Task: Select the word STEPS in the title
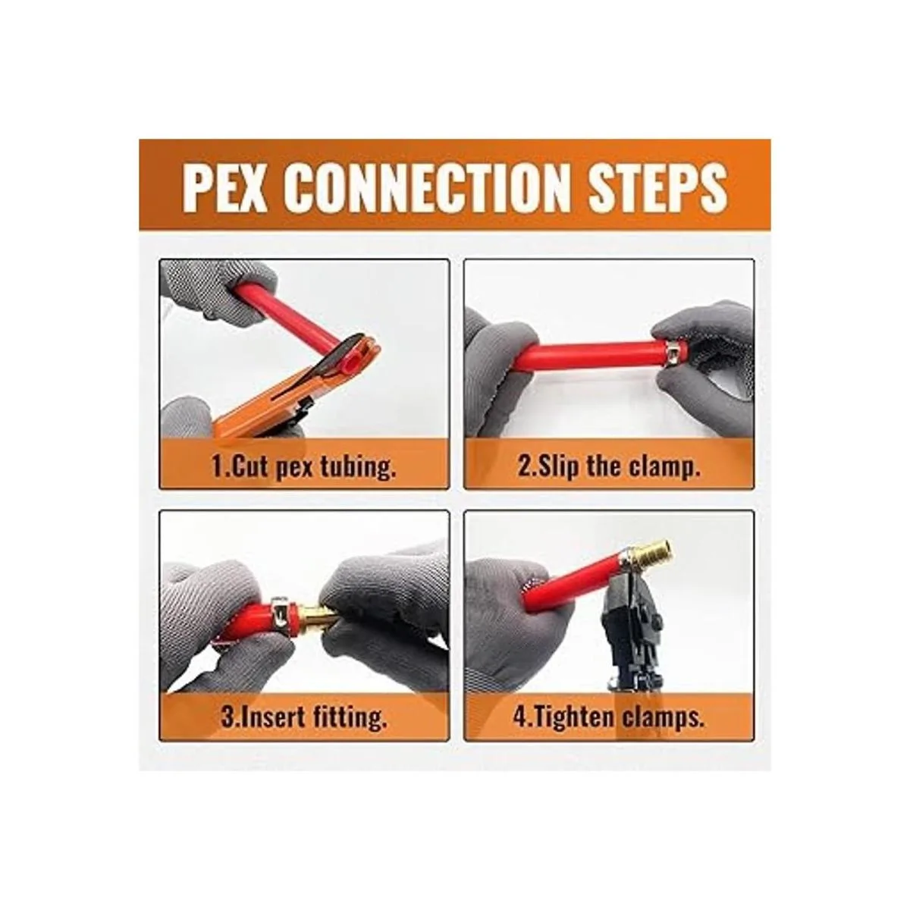[x=657, y=187]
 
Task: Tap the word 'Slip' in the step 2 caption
[x=558, y=468]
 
